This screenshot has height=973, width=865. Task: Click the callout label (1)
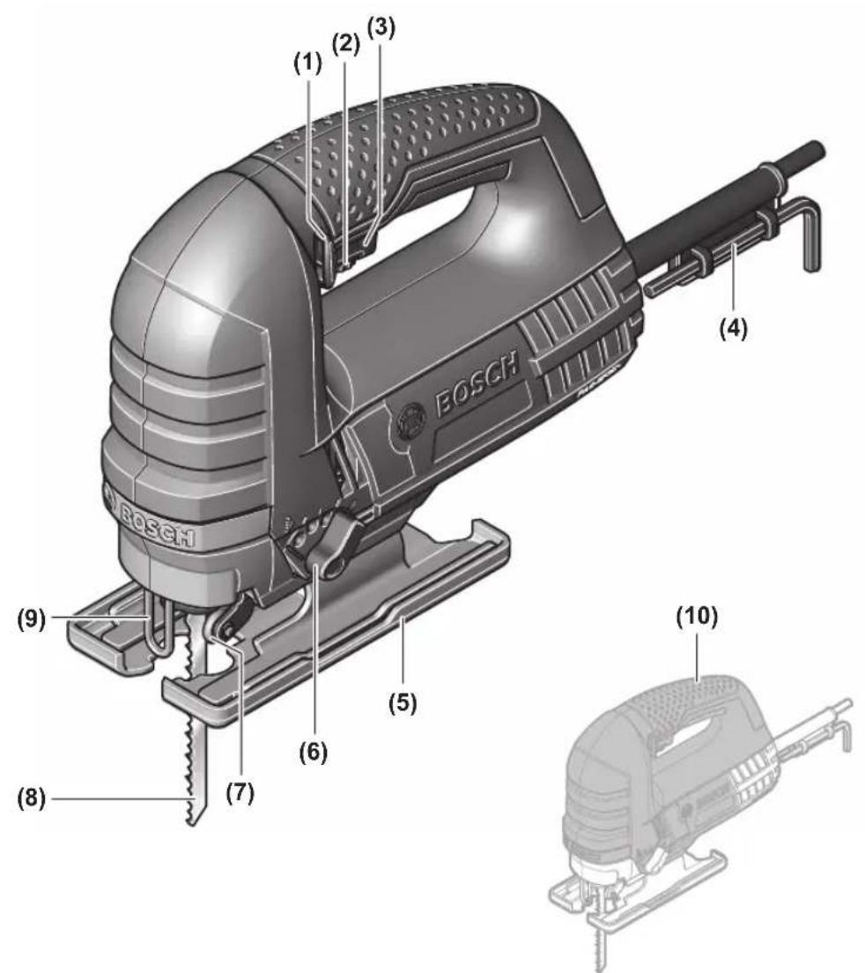pos(308,64)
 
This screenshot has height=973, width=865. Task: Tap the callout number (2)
pos(346,45)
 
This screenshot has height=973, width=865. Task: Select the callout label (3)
pos(381,27)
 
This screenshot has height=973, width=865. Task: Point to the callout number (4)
pos(733,327)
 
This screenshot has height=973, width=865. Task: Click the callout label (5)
pos(403,702)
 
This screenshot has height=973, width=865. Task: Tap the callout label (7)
pos(240,792)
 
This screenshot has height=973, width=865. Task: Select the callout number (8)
pos(31,798)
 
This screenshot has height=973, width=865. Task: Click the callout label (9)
pos(31,620)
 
